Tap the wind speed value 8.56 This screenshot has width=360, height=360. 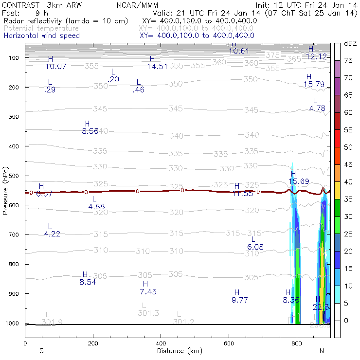[90, 131]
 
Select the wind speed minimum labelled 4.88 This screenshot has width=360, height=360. [97, 207]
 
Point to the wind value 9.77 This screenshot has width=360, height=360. [240, 300]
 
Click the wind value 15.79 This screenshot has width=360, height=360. [314, 84]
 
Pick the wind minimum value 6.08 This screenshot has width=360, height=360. [255, 247]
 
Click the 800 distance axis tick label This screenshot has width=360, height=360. [297, 343]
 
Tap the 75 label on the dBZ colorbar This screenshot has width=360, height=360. [348, 61]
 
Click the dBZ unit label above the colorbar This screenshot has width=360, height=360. [350, 43]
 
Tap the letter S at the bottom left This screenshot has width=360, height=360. [42, 351]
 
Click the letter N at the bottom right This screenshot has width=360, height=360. [322, 351]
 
